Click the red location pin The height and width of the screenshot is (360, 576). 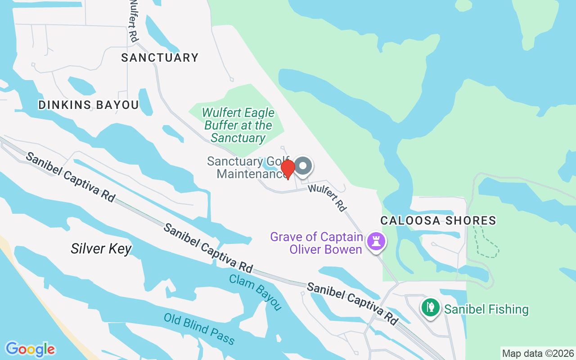click(x=288, y=169)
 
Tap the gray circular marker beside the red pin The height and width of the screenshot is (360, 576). click(x=303, y=166)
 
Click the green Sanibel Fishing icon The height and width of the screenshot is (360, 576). click(x=431, y=308)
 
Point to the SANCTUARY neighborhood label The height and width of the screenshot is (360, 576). click(x=160, y=58)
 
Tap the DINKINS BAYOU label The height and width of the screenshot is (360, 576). click(x=89, y=105)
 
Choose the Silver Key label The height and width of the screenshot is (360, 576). click(x=101, y=248)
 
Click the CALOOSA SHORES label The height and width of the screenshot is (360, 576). click(x=438, y=220)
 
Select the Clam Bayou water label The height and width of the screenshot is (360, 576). click(x=255, y=292)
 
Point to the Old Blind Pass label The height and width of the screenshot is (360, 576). click(x=199, y=329)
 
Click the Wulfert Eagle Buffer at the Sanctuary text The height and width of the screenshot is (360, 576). click(x=238, y=125)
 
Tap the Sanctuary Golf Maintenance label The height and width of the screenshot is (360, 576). click(x=245, y=167)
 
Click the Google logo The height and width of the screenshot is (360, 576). click(x=30, y=349)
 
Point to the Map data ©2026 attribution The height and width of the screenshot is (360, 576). click(x=538, y=353)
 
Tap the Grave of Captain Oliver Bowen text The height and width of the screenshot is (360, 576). click(x=317, y=243)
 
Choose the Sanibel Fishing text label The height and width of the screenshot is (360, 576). click(x=486, y=309)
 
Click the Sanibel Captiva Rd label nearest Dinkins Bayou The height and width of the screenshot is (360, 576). click(x=70, y=177)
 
